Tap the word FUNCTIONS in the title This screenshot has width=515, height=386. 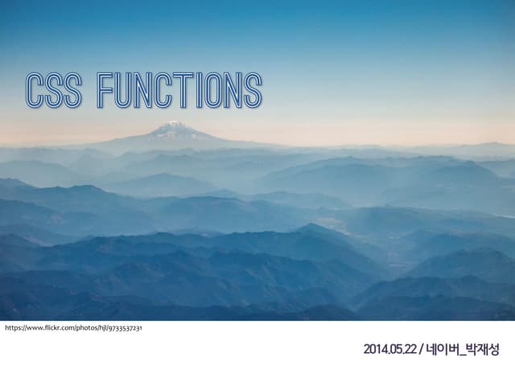(x=179, y=91)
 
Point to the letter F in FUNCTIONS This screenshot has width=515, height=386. (x=105, y=91)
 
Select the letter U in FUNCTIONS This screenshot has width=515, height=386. (x=125, y=91)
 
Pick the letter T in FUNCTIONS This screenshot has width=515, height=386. (x=184, y=91)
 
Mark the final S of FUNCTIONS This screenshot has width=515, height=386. (x=253, y=91)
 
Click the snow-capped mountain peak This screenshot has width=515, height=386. (x=173, y=126)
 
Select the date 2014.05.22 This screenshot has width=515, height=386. (x=389, y=350)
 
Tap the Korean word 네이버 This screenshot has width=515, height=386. (x=443, y=350)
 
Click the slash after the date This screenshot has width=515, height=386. (x=421, y=350)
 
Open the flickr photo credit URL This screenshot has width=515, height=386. (x=73, y=328)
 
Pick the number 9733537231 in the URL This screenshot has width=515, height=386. (x=123, y=328)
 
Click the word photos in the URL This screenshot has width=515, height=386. (x=82, y=328)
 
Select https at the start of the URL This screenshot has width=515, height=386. (x=14, y=328)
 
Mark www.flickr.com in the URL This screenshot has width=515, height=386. (x=47, y=328)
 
